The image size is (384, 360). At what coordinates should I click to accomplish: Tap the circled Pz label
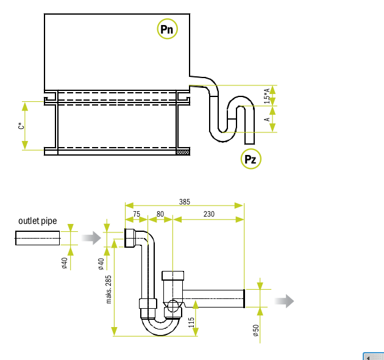pyautogui.click(x=251, y=159)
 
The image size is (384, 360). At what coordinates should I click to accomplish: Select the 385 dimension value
pyautogui.click(x=184, y=201)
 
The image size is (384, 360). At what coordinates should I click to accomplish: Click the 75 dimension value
pyautogui.click(x=137, y=214)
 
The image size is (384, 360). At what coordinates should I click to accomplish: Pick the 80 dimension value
pyautogui.click(x=160, y=214)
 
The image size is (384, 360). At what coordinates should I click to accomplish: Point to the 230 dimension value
pyautogui.click(x=208, y=214)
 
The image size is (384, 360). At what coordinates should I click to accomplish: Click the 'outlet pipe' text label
pyautogui.click(x=38, y=221)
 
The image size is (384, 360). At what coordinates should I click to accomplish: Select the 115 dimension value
pyautogui.click(x=191, y=322)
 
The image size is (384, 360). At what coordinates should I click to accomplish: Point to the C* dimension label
pyautogui.click(x=21, y=126)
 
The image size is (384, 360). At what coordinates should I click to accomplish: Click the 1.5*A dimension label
pyautogui.click(x=266, y=95)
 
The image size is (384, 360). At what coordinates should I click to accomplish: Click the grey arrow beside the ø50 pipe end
pyautogui.click(x=285, y=301)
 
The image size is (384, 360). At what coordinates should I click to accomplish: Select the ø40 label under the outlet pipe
pyautogui.click(x=64, y=263)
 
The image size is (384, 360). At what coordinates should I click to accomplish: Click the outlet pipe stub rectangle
pyautogui.click(x=38, y=238)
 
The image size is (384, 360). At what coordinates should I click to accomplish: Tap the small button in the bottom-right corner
pyautogui.click(x=372, y=356)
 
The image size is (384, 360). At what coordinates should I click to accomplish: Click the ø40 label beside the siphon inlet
pyautogui.click(x=101, y=263)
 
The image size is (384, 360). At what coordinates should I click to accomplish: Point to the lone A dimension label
pyautogui.click(x=266, y=120)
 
